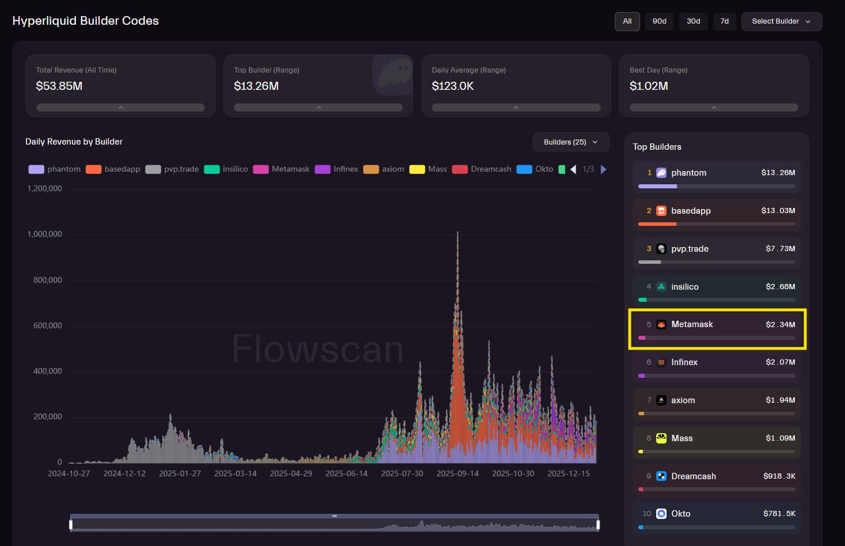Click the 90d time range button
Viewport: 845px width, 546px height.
[659, 21]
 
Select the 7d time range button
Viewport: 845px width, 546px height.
[724, 21]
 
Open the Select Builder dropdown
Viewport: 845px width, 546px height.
[781, 21]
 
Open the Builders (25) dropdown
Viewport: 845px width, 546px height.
[570, 142]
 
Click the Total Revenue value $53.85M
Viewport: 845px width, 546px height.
[59, 86]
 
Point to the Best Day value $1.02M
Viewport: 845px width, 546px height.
[649, 86]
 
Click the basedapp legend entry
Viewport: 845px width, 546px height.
[113, 169]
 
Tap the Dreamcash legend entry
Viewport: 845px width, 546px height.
[484, 169]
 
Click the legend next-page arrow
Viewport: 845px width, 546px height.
[603, 169]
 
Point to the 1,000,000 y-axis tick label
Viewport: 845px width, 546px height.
[45, 234]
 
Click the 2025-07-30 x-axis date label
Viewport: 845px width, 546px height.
[402, 473]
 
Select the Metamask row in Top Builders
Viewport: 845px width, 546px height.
[717, 328]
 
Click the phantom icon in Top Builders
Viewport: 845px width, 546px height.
[661, 173]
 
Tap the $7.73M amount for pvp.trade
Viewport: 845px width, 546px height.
[780, 249]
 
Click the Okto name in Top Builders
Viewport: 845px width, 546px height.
[680, 514]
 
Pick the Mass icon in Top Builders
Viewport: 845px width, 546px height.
[661, 438]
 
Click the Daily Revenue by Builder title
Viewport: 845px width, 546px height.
[74, 142]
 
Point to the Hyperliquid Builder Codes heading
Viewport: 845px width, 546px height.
[85, 21]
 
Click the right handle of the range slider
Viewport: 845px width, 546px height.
[598, 525]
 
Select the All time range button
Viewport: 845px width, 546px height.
[627, 21]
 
